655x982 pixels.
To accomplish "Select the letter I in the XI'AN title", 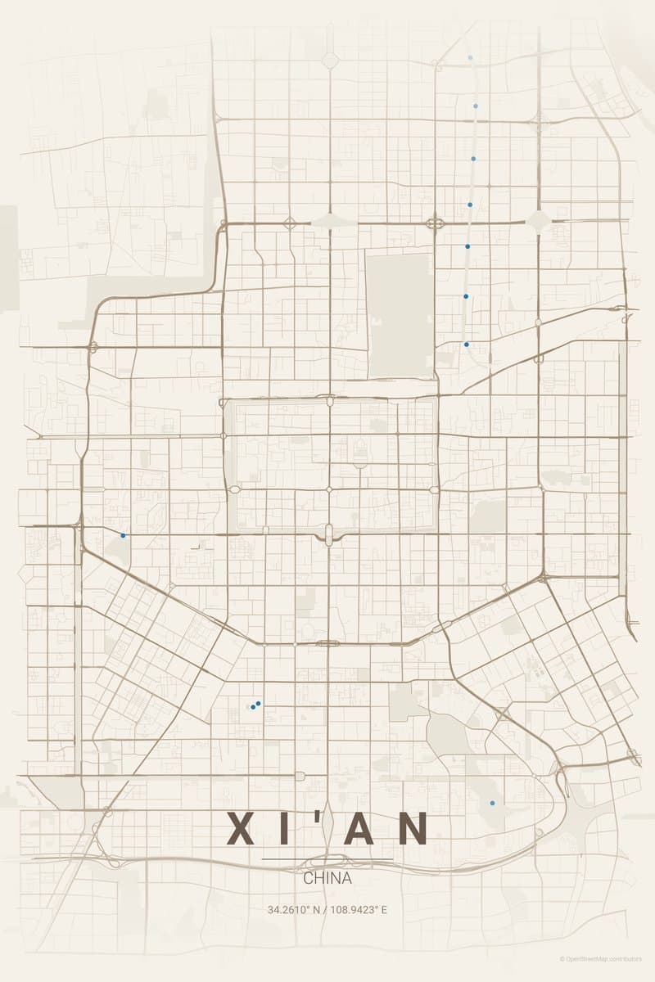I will [286, 828].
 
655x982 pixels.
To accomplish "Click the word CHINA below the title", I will [327, 878].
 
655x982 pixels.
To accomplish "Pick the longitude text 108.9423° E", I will [359, 909].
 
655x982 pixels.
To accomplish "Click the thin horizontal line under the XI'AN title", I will [327, 858].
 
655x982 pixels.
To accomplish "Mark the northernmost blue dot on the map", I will [470, 58].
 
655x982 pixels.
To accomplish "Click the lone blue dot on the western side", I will [123, 535].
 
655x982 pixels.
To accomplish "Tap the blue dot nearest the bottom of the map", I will [492, 803].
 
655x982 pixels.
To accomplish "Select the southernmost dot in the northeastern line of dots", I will [467, 345].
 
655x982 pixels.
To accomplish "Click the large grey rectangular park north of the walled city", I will [399, 315].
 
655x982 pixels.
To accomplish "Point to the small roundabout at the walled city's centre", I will [329, 489].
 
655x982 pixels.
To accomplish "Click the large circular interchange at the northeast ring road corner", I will [539, 220].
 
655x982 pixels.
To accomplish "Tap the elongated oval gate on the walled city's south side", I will [329, 535].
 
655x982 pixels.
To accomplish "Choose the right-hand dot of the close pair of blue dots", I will [258, 703].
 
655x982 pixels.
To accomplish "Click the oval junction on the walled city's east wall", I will [433, 489].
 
